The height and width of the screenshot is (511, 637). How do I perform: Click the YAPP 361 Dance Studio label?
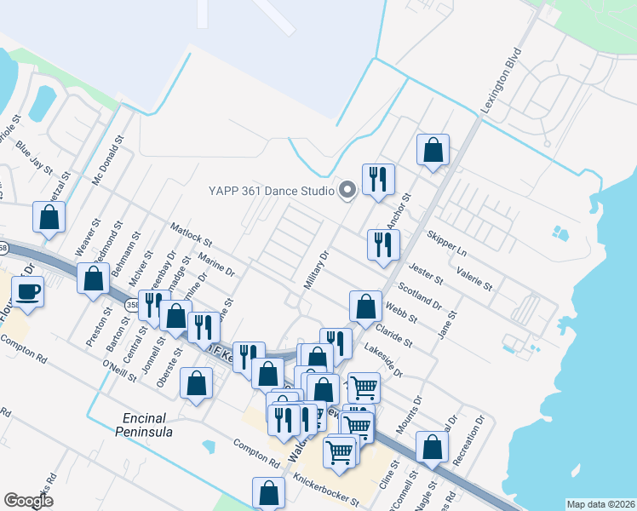[x=272, y=190]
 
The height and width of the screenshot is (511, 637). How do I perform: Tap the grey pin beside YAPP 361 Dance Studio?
[x=347, y=190]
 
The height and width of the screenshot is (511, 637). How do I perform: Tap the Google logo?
[x=29, y=501]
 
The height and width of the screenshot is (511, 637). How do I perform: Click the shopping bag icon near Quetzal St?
[x=49, y=217]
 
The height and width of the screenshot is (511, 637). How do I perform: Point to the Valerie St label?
[x=474, y=278]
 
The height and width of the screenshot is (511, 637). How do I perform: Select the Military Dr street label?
[x=316, y=270]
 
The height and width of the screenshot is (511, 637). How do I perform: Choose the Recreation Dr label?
[x=469, y=439]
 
